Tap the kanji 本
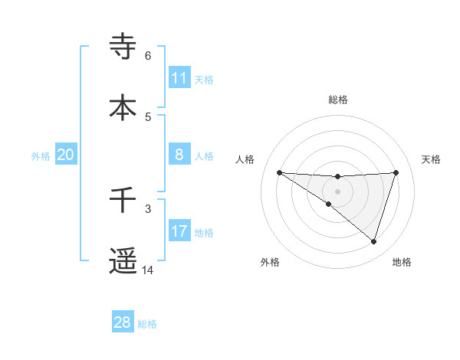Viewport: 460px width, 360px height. coord(123,106)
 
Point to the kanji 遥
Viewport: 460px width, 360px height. coord(123,261)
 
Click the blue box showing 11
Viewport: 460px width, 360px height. coord(179,78)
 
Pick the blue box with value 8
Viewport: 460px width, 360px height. coord(179,155)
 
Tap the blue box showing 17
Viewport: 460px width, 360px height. coord(179,231)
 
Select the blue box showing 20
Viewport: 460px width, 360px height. coord(66,155)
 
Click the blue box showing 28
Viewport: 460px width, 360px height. coord(123,322)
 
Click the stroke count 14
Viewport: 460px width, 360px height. coord(148,270)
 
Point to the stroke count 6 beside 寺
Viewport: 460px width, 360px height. coord(148,55)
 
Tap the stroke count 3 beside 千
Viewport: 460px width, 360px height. coord(148,208)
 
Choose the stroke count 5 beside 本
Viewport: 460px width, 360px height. coord(148,116)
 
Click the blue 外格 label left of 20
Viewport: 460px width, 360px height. coord(41,156)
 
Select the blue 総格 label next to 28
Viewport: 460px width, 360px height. coord(147,324)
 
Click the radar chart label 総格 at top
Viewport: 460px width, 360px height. coord(338,100)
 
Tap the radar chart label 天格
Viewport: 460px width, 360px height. coord(432,159)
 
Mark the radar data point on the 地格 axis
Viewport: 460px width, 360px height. coord(374,241)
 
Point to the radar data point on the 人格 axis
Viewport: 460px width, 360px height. coord(280,172)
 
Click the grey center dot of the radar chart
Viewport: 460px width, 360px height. coord(338,191)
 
